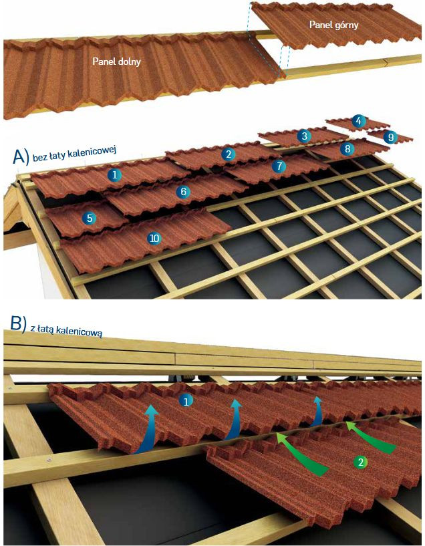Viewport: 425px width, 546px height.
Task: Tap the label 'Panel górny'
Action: (334, 25)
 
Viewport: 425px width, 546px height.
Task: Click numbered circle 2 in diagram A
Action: (229, 154)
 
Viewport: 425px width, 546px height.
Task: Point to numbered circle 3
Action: (305, 136)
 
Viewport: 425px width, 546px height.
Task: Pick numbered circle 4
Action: (360, 121)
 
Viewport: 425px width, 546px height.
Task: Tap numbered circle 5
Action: (89, 217)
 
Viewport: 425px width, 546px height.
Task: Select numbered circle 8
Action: (347, 149)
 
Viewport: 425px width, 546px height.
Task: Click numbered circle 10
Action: (154, 238)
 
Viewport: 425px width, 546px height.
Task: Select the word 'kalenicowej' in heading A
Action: (91, 151)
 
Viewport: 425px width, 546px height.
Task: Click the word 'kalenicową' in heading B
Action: (77, 331)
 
